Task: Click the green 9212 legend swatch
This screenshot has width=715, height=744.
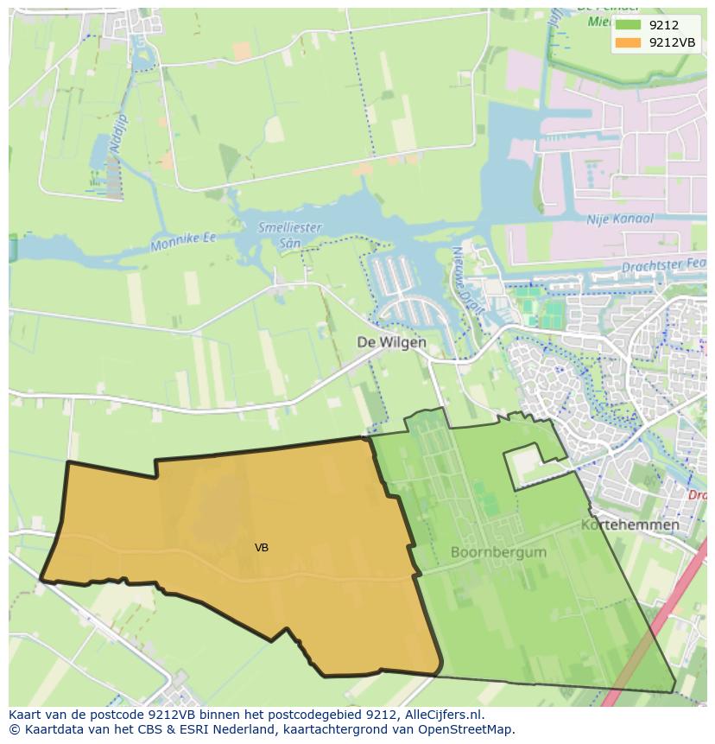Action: click(x=628, y=26)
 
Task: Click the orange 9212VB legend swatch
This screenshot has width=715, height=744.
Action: click(x=628, y=42)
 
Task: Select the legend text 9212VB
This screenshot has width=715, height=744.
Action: click(x=673, y=42)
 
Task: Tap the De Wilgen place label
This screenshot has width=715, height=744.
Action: click(x=391, y=342)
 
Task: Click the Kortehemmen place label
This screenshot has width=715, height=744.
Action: click(x=630, y=525)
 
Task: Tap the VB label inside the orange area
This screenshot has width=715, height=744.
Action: click(x=262, y=548)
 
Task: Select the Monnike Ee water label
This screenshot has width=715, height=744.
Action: click(x=183, y=241)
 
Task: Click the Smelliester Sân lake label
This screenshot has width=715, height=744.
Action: click(x=289, y=235)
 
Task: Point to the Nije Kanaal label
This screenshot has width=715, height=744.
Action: click(x=620, y=219)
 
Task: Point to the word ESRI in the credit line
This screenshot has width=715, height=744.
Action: click(x=155, y=729)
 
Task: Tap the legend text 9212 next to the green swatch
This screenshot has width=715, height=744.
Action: click(x=663, y=26)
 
